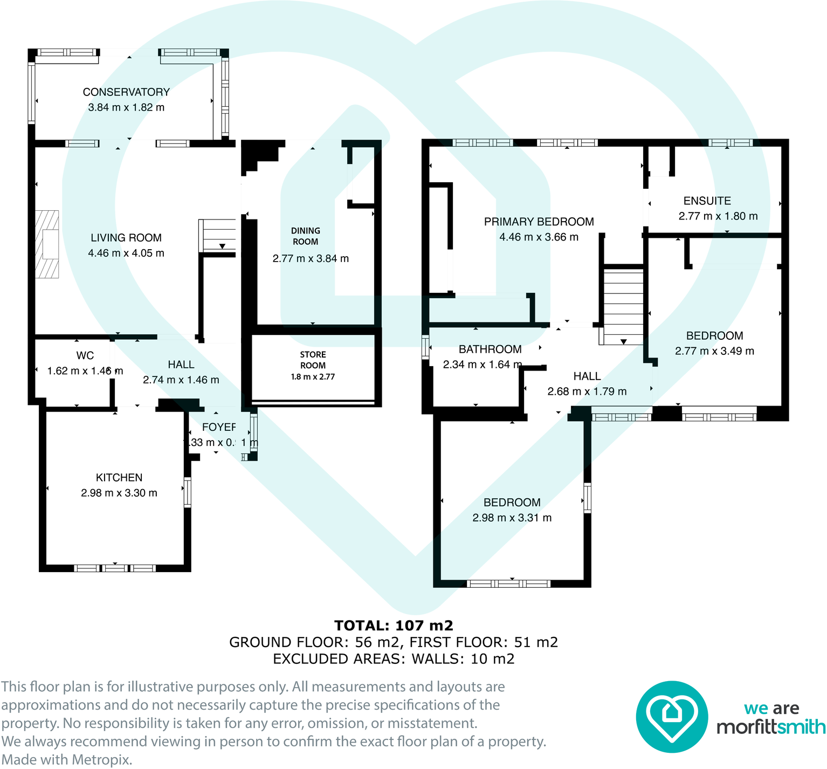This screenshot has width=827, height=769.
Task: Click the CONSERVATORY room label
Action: tap(126, 92)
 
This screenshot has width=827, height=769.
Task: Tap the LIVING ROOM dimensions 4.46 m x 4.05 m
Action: tap(126, 253)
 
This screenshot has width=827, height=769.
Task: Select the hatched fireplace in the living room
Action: tap(47, 244)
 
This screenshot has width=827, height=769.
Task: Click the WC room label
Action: tap(85, 355)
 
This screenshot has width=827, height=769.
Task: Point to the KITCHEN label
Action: tap(119, 478)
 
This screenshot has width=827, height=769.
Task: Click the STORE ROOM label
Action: tap(313, 360)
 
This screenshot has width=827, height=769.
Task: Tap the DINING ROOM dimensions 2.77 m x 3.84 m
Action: tap(311, 258)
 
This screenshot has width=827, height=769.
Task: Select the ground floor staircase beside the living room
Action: tap(218, 235)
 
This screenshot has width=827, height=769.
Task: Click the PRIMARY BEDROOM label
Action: tap(539, 222)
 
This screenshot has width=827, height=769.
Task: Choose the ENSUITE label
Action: tap(707, 201)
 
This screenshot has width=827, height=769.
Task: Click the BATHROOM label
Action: tap(490, 349)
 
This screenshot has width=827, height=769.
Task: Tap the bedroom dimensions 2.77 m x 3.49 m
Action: tap(714, 351)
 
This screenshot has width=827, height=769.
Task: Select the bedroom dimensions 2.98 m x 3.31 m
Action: tap(512, 518)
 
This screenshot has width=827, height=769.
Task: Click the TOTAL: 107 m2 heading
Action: tap(394, 626)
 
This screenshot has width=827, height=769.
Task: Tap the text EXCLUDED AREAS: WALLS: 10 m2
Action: tap(394, 659)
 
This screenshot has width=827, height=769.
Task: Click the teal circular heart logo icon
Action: tap(671, 717)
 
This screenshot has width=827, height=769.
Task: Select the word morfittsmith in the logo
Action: tap(770, 727)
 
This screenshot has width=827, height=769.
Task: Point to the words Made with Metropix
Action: tap(66, 760)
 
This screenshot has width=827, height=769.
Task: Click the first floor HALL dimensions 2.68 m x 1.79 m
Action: tap(587, 392)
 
